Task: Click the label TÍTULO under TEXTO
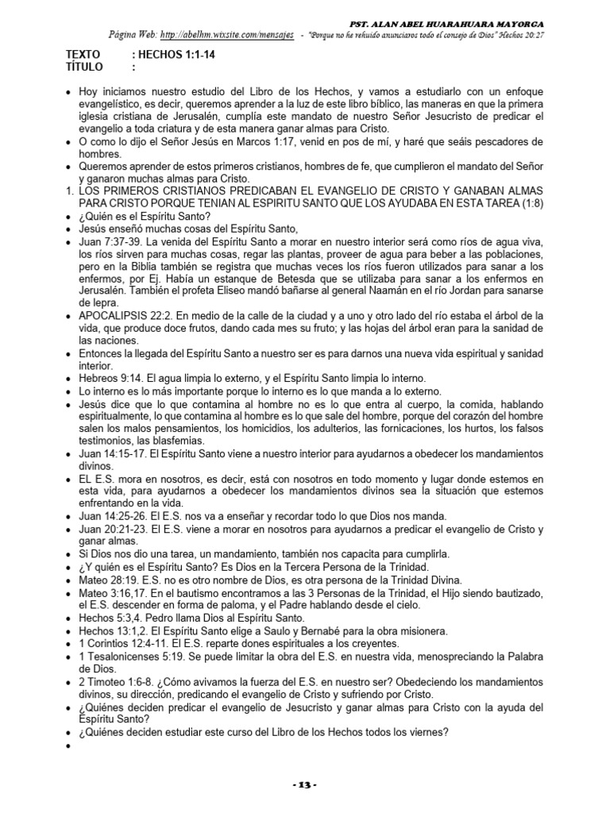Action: (x=83, y=67)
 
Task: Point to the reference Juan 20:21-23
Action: (x=114, y=529)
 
